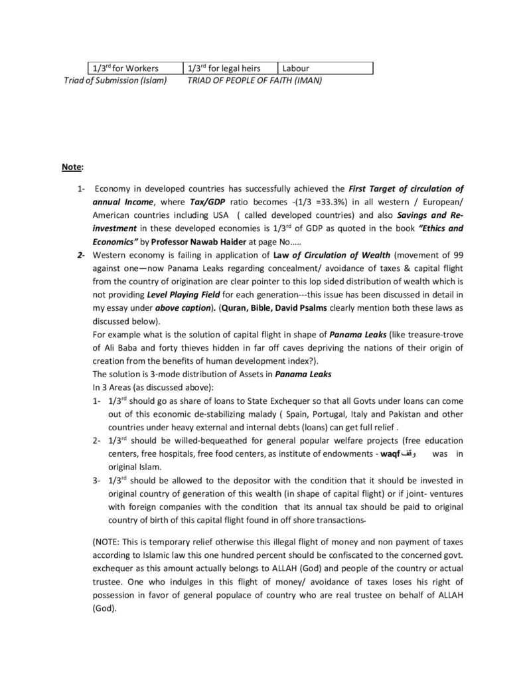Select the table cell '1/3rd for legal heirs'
[224, 68]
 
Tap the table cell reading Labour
[295, 68]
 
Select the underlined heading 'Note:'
[69, 168]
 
